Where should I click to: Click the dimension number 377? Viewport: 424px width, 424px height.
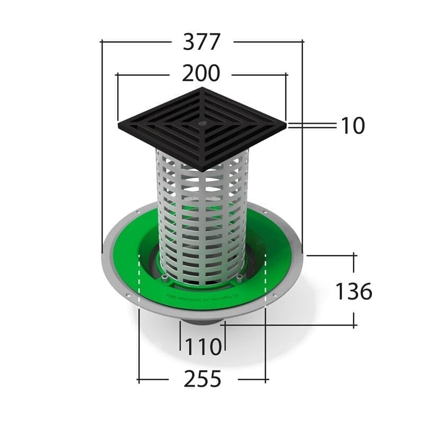pyautogui.click(x=201, y=42)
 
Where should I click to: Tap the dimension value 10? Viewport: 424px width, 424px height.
pyautogui.click(x=352, y=126)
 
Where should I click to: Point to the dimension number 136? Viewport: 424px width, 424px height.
pyautogui.click(x=354, y=291)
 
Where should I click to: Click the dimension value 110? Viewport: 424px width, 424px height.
pyautogui.click(x=202, y=347)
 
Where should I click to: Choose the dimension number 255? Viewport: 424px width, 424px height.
pyautogui.click(x=202, y=379)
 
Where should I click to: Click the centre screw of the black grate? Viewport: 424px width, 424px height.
pyautogui.click(x=201, y=122)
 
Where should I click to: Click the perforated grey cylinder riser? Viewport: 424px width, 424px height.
pyautogui.click(x=201, y=223)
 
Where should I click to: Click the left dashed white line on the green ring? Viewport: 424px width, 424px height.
pyautogui.click(x=138, y=281)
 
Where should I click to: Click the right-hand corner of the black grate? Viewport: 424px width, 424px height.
pyautogui.click(x=286, y=126)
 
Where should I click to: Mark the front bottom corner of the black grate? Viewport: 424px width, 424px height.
pyautogui.click(x=202, y=170)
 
